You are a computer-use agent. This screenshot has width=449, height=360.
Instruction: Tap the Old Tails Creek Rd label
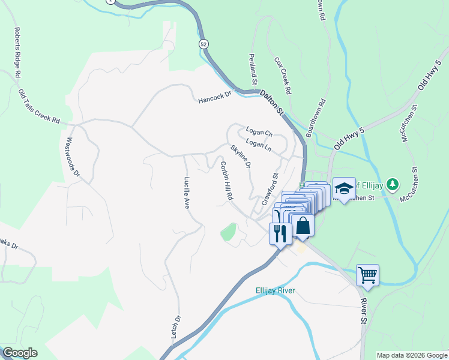(39, 107)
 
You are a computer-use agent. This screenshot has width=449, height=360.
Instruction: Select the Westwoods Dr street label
(73, 158)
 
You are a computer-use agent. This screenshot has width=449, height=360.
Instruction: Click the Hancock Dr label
(215, 97)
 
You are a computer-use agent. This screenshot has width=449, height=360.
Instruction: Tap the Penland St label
(253, 68)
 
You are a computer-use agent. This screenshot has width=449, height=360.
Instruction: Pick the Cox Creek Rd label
(283, 76)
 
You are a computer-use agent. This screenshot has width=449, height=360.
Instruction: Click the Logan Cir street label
(259, 131)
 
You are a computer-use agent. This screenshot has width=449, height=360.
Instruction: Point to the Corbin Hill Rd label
(226, 181)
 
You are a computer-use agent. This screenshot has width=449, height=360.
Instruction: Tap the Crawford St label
(271, 190)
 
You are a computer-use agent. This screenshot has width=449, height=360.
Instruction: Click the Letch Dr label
(176, 328)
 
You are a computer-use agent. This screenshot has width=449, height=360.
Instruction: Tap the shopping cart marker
(367, 275)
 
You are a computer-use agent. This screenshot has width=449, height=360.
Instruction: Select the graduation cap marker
(344, 188)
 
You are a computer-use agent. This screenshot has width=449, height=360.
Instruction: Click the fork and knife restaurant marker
(280, 232)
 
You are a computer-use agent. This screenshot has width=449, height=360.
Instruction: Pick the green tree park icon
(392, 183)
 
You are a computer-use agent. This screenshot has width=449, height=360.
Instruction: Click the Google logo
(20, 353)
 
